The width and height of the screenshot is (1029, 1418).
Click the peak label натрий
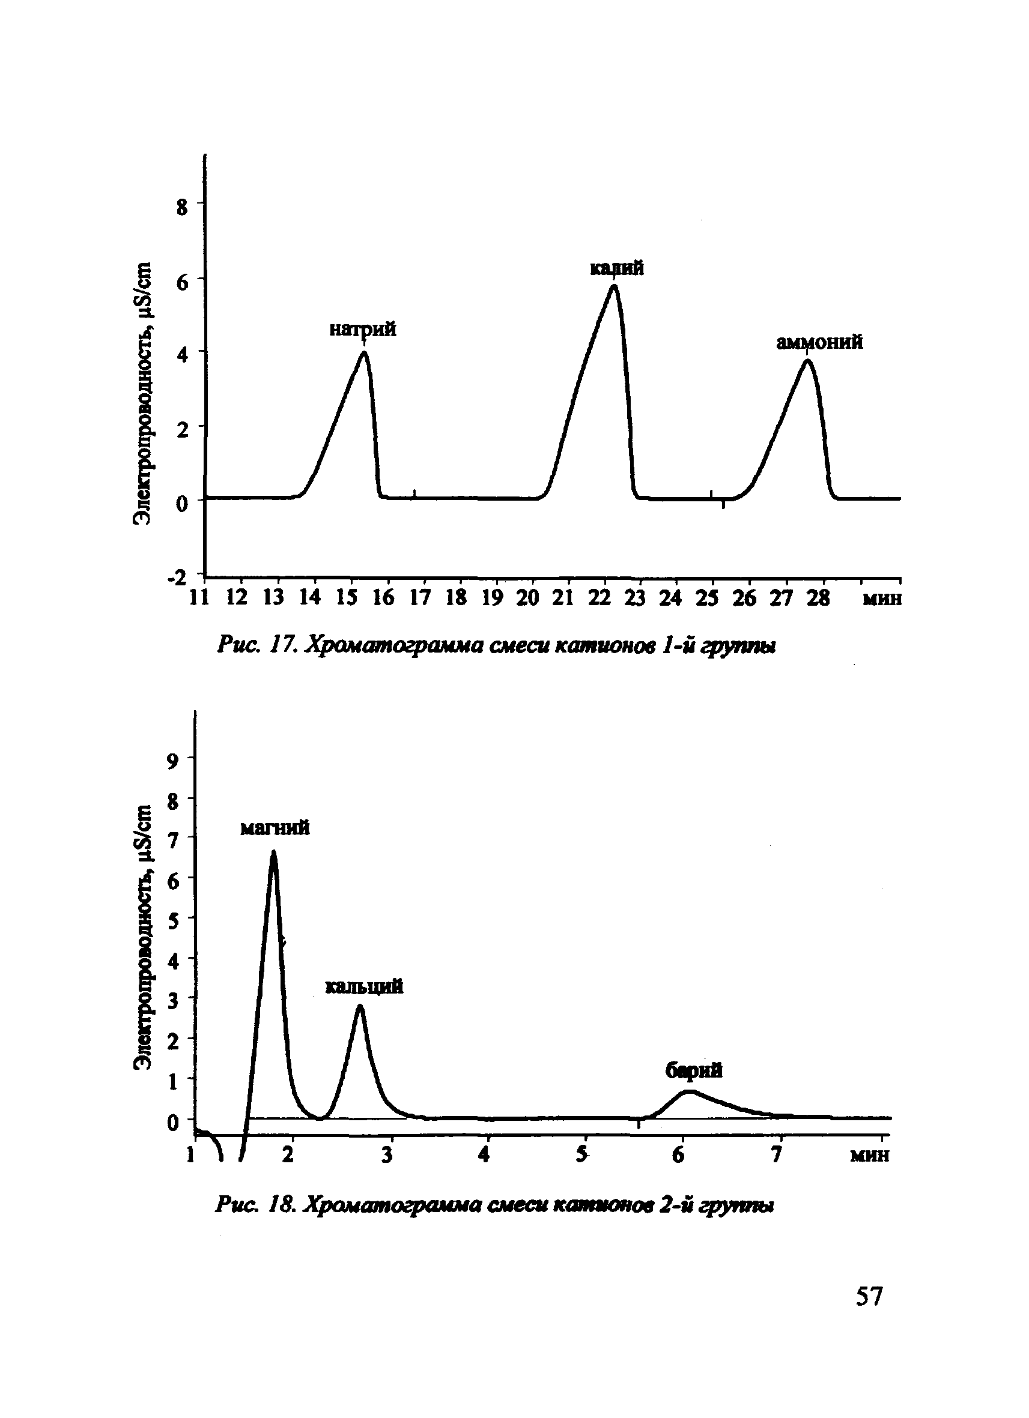point(363,330)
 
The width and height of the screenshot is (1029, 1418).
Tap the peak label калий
point(617,268)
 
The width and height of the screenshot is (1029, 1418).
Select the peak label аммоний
point(820,343)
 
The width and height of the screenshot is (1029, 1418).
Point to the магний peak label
point(275,828)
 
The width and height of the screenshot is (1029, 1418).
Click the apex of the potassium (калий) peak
point(615,286)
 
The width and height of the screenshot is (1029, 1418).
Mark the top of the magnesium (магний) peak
point(273,852)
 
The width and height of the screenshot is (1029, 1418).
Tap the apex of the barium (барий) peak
point(688,1091)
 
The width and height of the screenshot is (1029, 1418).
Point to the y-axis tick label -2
point(177,577)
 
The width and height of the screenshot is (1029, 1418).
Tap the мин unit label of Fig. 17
point(882,599)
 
